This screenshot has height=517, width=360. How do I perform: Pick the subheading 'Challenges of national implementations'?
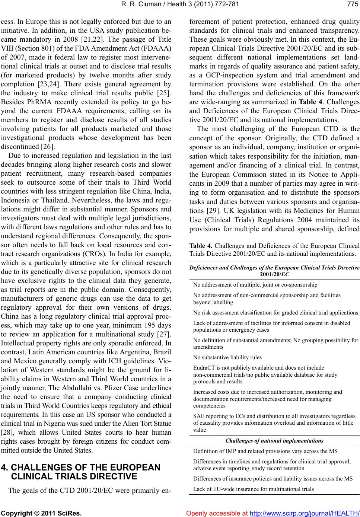tap(274, 441)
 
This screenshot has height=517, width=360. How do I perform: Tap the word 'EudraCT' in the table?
tap(203, 367)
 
